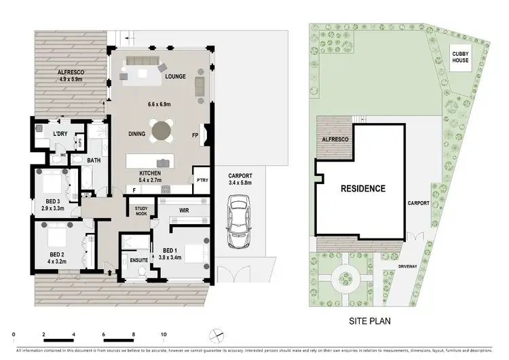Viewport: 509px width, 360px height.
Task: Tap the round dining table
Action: pyautogui.click(x=163, y=130)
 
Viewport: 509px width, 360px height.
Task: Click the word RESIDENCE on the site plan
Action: pyautogui.click(x=363, y=188)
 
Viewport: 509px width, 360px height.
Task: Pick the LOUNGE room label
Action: pyautogui.click(x=175, y=77)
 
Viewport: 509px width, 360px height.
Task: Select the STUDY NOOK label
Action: pyautogui.click(x=141, y=211)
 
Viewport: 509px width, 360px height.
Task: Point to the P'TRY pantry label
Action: pyautogui.click(x=202, y=181)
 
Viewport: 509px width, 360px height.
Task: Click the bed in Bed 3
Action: pyautogui.click(x=52, y=182)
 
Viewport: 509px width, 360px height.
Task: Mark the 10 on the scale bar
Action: pyautogui.click(x=164, y=335)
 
